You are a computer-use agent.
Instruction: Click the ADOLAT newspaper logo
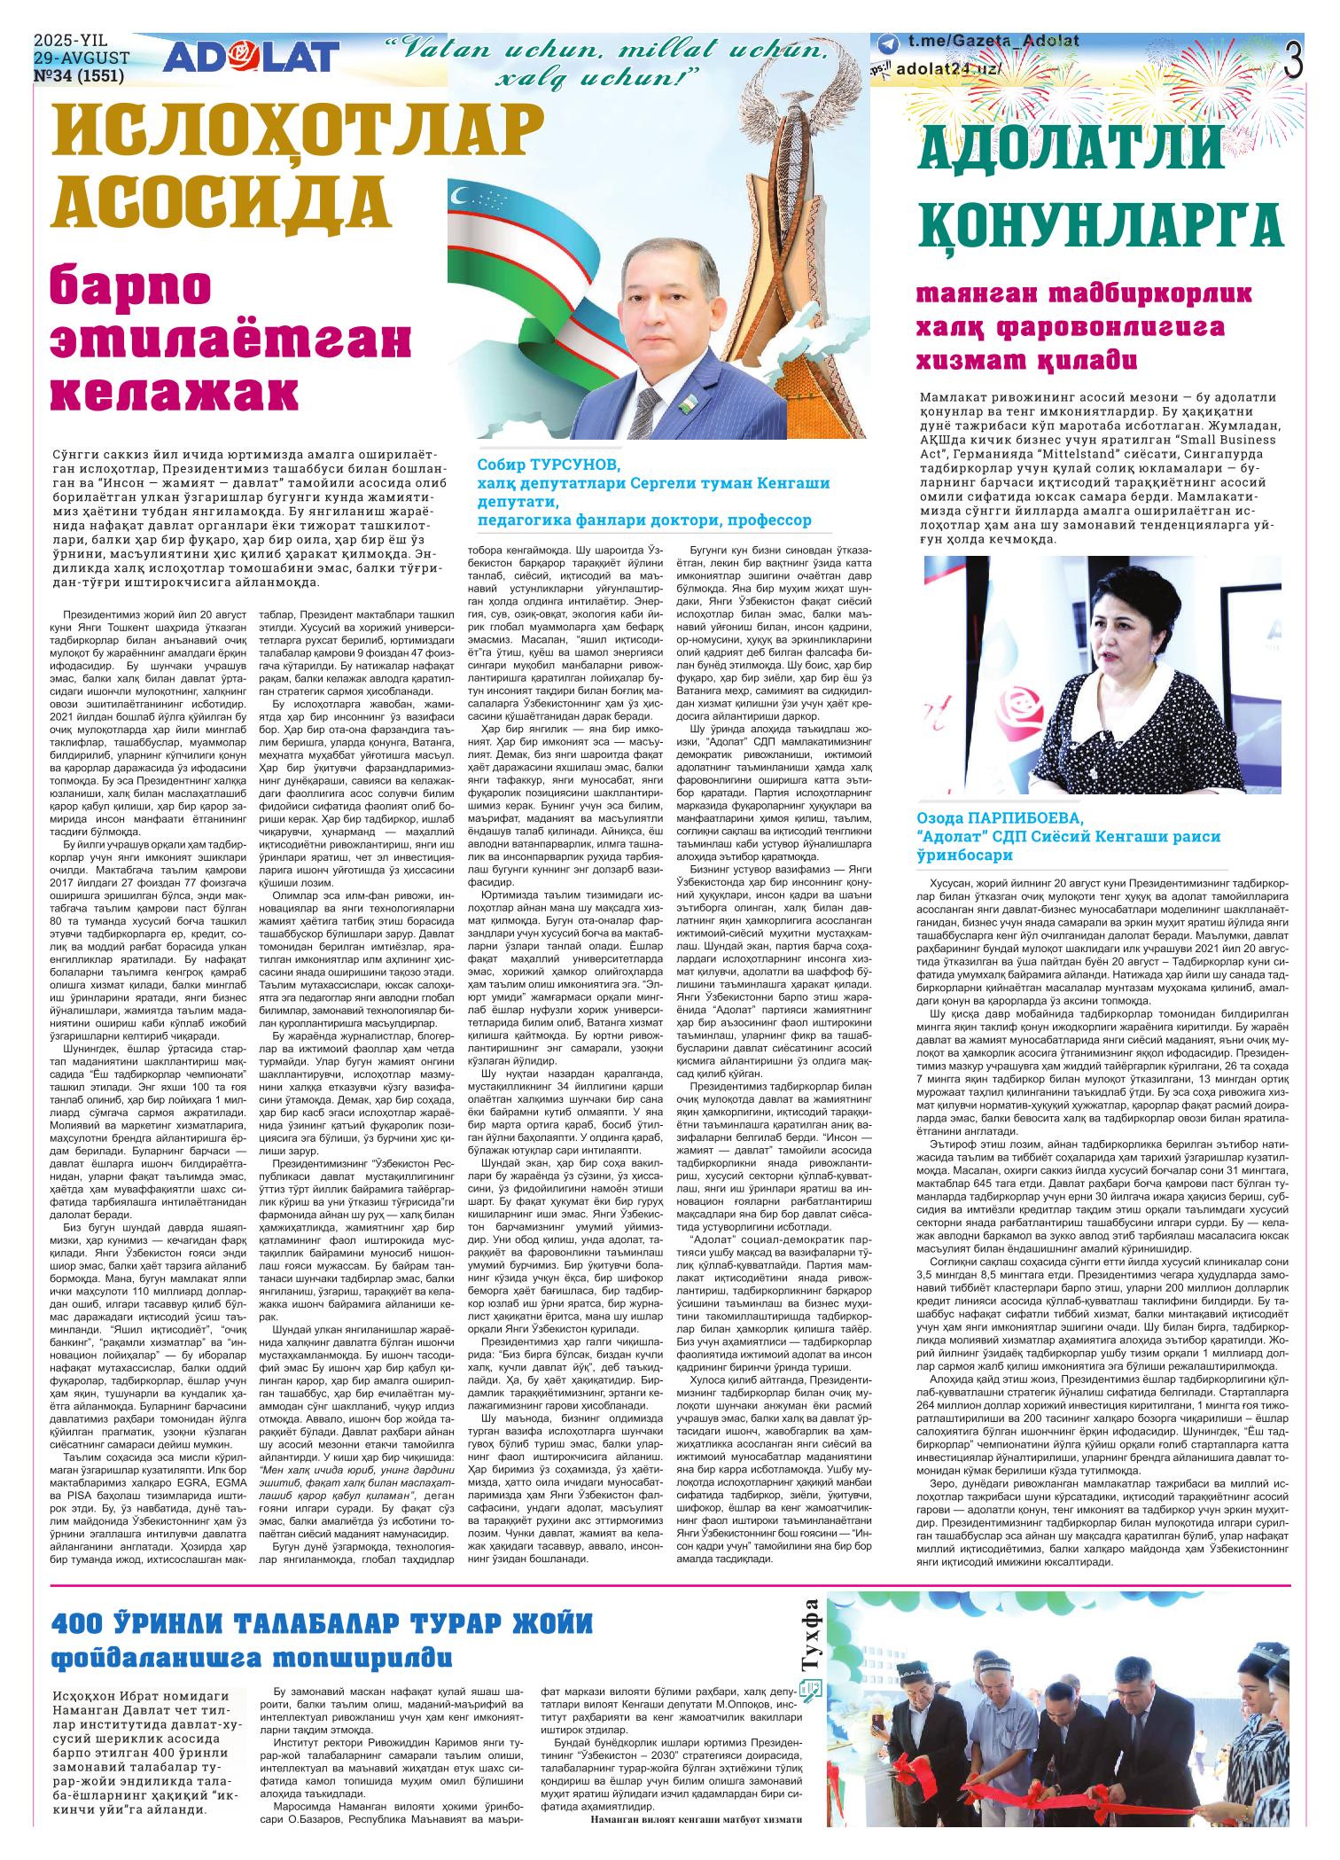251,59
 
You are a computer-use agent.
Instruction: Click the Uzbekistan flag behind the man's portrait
514,239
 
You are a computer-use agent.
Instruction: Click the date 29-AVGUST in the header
82,59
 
